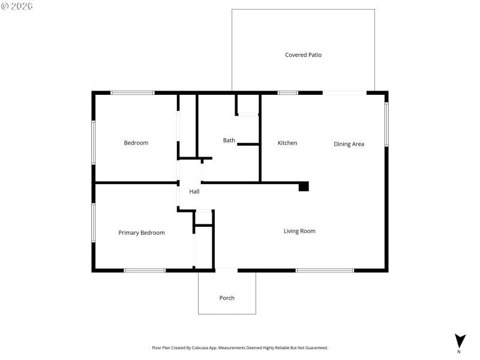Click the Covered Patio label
pyautogui.click(x=303, y=55)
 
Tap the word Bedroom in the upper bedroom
pyautogui.click(x=136, y=143)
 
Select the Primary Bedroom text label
pyautogui.click(x=141, y=233)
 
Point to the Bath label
pyautogui.click(x=229, y=140)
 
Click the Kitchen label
pyautogui.click(x=287, y=143)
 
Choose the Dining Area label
pyautogui.click(x=349, y=144)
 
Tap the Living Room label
pyautogui.click(x=299, y=231)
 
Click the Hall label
pyautogui.click(x=194, y=192)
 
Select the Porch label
pyautogui.click(x=227, y=298)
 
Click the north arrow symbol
pyautogui.click(x=460, y=341)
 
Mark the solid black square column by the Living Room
pyautogui.click(x=304, y=187)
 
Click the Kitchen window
pyautogui.click(x=288, y=93)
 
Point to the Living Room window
pyautogui.click(x=325, y=271)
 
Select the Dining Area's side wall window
pyautogui.click(x=386, y=124)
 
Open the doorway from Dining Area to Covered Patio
pyautogui.click(x=344, y=93)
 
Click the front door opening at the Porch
pyautogui.click(x=226, y=271)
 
